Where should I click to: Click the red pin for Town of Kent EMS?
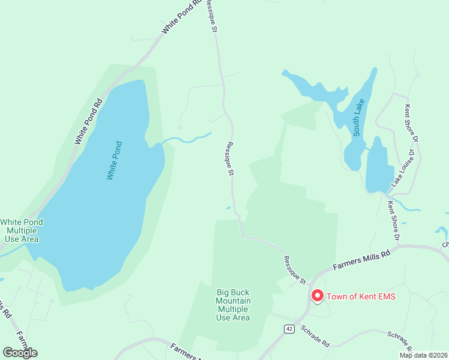(x=316, y=296)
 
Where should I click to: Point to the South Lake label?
(x=359, y=118)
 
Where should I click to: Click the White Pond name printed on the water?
(x=114, y=160)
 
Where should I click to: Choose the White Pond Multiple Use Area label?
(x=22, y=230)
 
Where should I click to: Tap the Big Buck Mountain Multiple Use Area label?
(x=234, y=305)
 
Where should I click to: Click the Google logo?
(x=20, y=352)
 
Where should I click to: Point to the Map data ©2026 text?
(x=423, y=355)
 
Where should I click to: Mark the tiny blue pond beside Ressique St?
(x=228, y=208)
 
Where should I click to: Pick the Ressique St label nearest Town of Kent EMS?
(x=295, y=271)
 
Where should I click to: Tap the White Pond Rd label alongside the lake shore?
(x=89, y=121)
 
